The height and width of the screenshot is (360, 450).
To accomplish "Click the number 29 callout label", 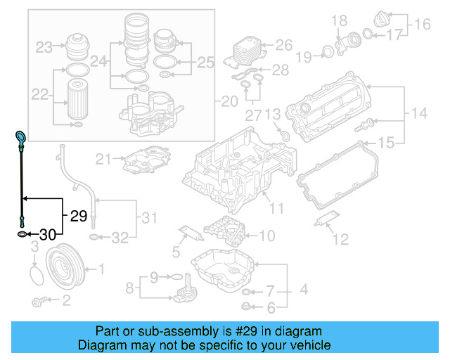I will tap(78, 217).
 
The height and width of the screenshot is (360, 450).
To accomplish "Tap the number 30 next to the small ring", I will tap(47, 233).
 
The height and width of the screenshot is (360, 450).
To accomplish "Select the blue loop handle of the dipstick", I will tap(20, 136).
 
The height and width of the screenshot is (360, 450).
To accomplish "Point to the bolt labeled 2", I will tap(40, 302).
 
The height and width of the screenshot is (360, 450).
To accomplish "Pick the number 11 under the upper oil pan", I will tap(276, 208).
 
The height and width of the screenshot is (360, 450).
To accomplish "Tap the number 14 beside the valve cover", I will tap(419, 112).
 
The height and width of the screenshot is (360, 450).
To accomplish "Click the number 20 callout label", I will tap(230, 102).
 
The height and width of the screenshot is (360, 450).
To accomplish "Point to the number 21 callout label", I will tap(104, 159).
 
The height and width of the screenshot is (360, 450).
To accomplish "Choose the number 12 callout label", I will tap(340, 240).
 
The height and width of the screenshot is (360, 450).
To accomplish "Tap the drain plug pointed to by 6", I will tap(247, 306).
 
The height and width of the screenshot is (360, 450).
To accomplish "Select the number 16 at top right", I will tap(422, 25).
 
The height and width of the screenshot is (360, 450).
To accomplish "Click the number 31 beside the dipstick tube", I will tap(149, 218).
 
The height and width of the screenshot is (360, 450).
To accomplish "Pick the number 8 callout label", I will tap(129, 287).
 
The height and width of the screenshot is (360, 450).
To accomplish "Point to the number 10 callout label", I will tap(267, 236).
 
